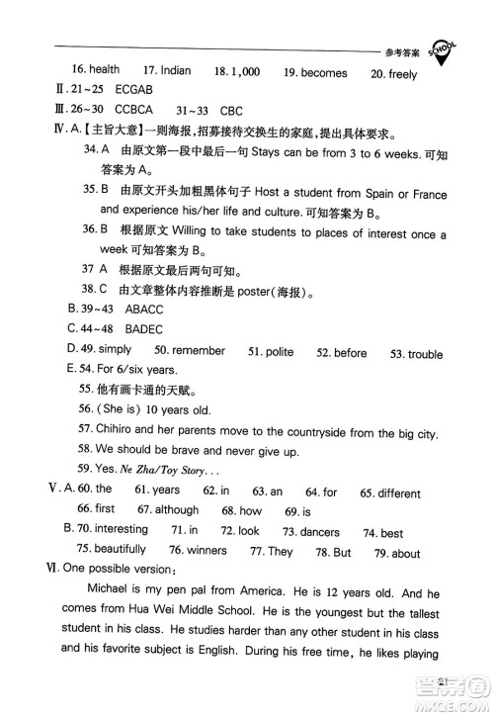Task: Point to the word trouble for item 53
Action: [x=425, y=353]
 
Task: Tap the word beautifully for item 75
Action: [x=120, y=550]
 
